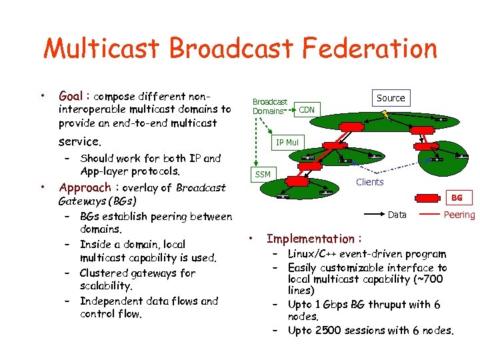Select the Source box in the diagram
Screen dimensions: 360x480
[x=391, y=98]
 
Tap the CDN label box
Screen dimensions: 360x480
[x=307, y=109]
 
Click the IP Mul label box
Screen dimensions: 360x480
[x=287, y=142]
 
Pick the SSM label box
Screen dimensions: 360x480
[x=263, y=175]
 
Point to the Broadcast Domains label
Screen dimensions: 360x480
[x=269, y=107]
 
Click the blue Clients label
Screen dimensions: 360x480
[x=369, y=182]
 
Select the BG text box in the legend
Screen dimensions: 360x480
[x=457, y=198]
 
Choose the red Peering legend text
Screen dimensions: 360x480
[x=459, y=215]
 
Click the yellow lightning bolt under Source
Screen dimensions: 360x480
[x=387, y=115]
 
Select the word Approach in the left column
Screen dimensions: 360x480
[x=85, y=187]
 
